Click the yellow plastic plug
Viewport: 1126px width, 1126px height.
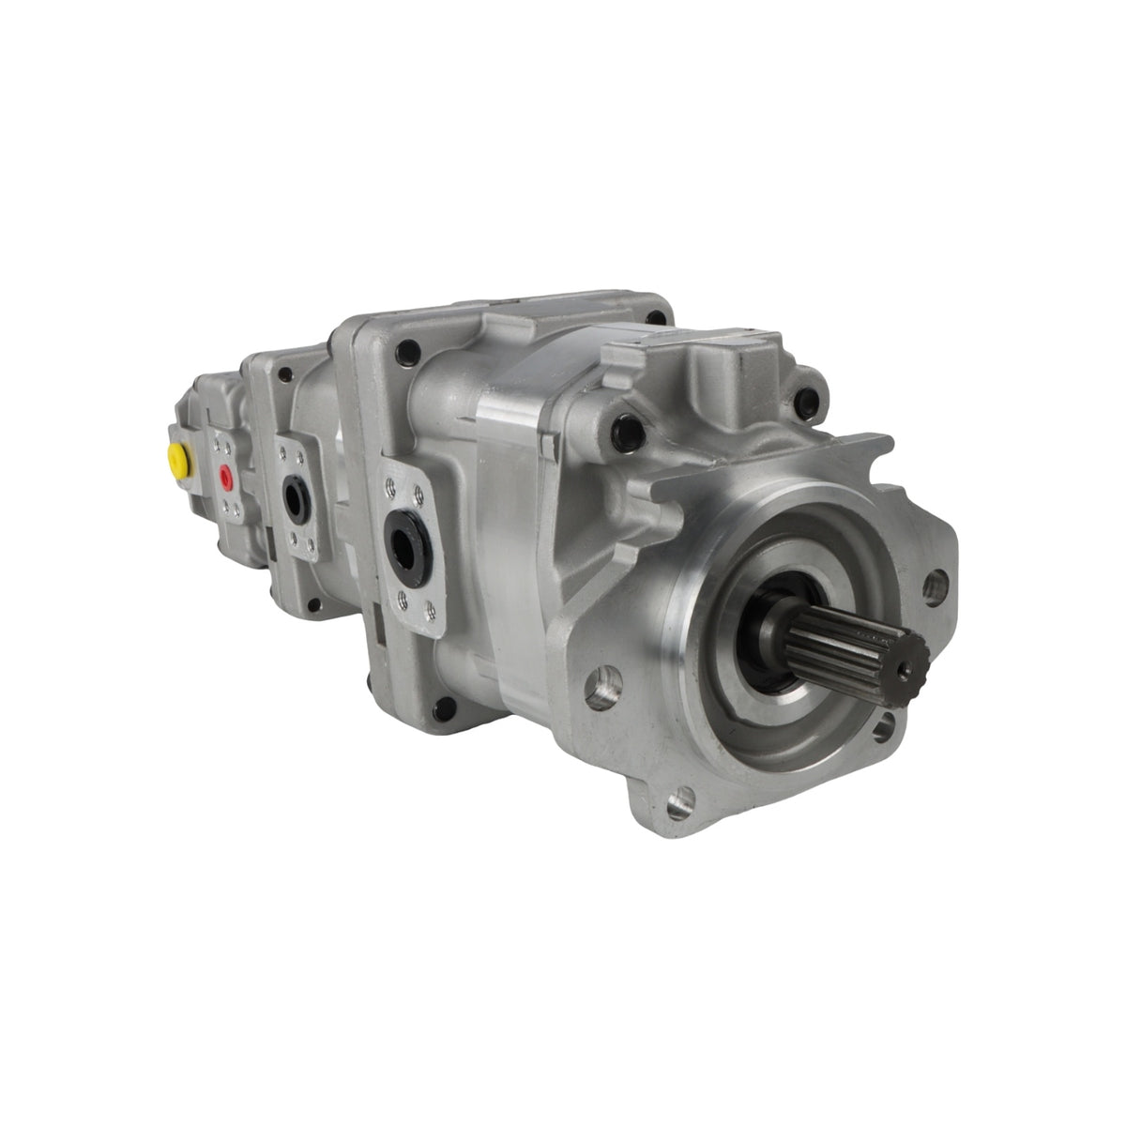click(x=176, y=457)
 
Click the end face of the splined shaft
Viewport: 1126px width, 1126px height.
click(x=909, y=662)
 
